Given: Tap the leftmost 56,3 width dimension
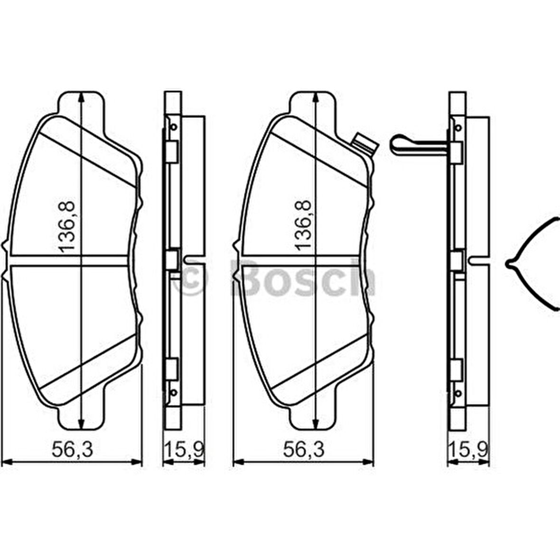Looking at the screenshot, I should coord(72,449).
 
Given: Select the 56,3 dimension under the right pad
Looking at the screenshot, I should coord(304,449).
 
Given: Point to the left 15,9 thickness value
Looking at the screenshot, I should coord(184,449).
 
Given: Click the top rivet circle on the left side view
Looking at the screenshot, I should coord(173,127).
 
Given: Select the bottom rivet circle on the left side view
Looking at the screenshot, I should coord(173,392).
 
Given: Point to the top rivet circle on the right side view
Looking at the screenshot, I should coord(458,127).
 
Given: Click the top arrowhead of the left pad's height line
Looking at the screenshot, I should coord(81,95).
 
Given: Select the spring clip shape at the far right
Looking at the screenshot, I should coord(532,263).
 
